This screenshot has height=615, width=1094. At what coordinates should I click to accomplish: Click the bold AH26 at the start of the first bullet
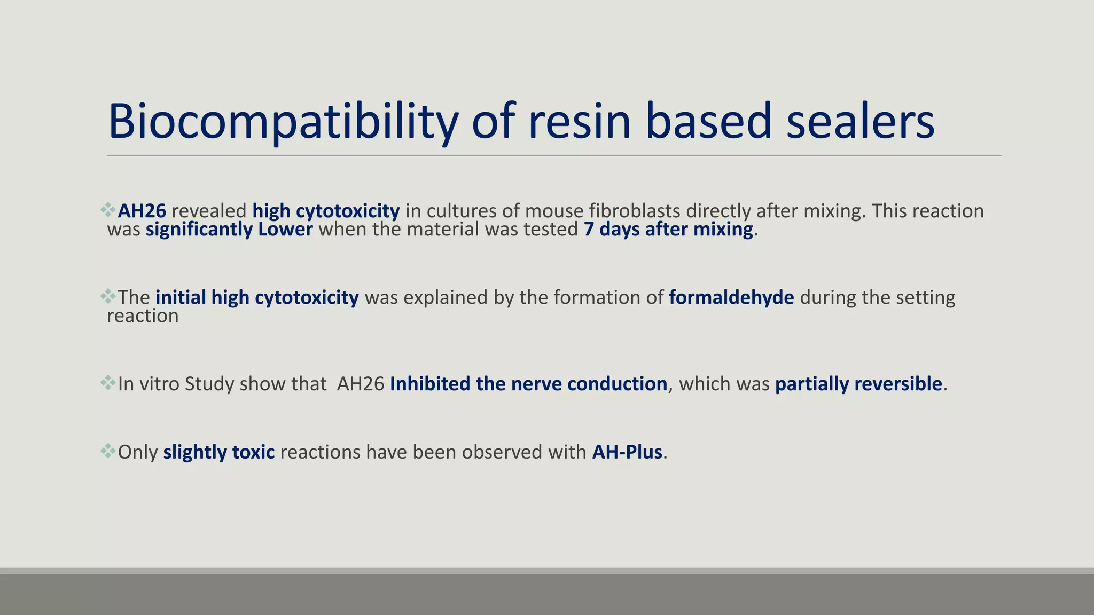pos(142,211)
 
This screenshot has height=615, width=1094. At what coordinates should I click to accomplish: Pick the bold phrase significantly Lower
pos(229,230)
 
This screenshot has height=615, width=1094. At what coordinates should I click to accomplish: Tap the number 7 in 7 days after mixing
pos(589,230)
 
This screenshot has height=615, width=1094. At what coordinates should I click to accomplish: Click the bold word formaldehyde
pos(731,298)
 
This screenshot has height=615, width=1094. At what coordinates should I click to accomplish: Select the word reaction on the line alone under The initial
pos(143,317)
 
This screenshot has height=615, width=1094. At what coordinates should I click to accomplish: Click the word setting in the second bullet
pos(925,298)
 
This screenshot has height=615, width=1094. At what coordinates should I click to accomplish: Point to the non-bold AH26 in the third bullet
pos(361,384)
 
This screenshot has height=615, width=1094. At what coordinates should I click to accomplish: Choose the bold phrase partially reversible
pos(858,384)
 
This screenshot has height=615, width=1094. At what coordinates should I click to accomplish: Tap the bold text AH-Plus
pos(627,453)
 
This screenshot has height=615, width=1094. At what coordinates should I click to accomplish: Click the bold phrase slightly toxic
pos(219,453)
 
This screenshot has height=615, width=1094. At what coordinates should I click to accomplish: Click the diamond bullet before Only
pos(108,451)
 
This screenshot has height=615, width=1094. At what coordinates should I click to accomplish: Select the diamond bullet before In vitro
pos(108,383)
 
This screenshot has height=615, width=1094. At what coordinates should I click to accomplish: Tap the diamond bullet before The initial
pos(108,296)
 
